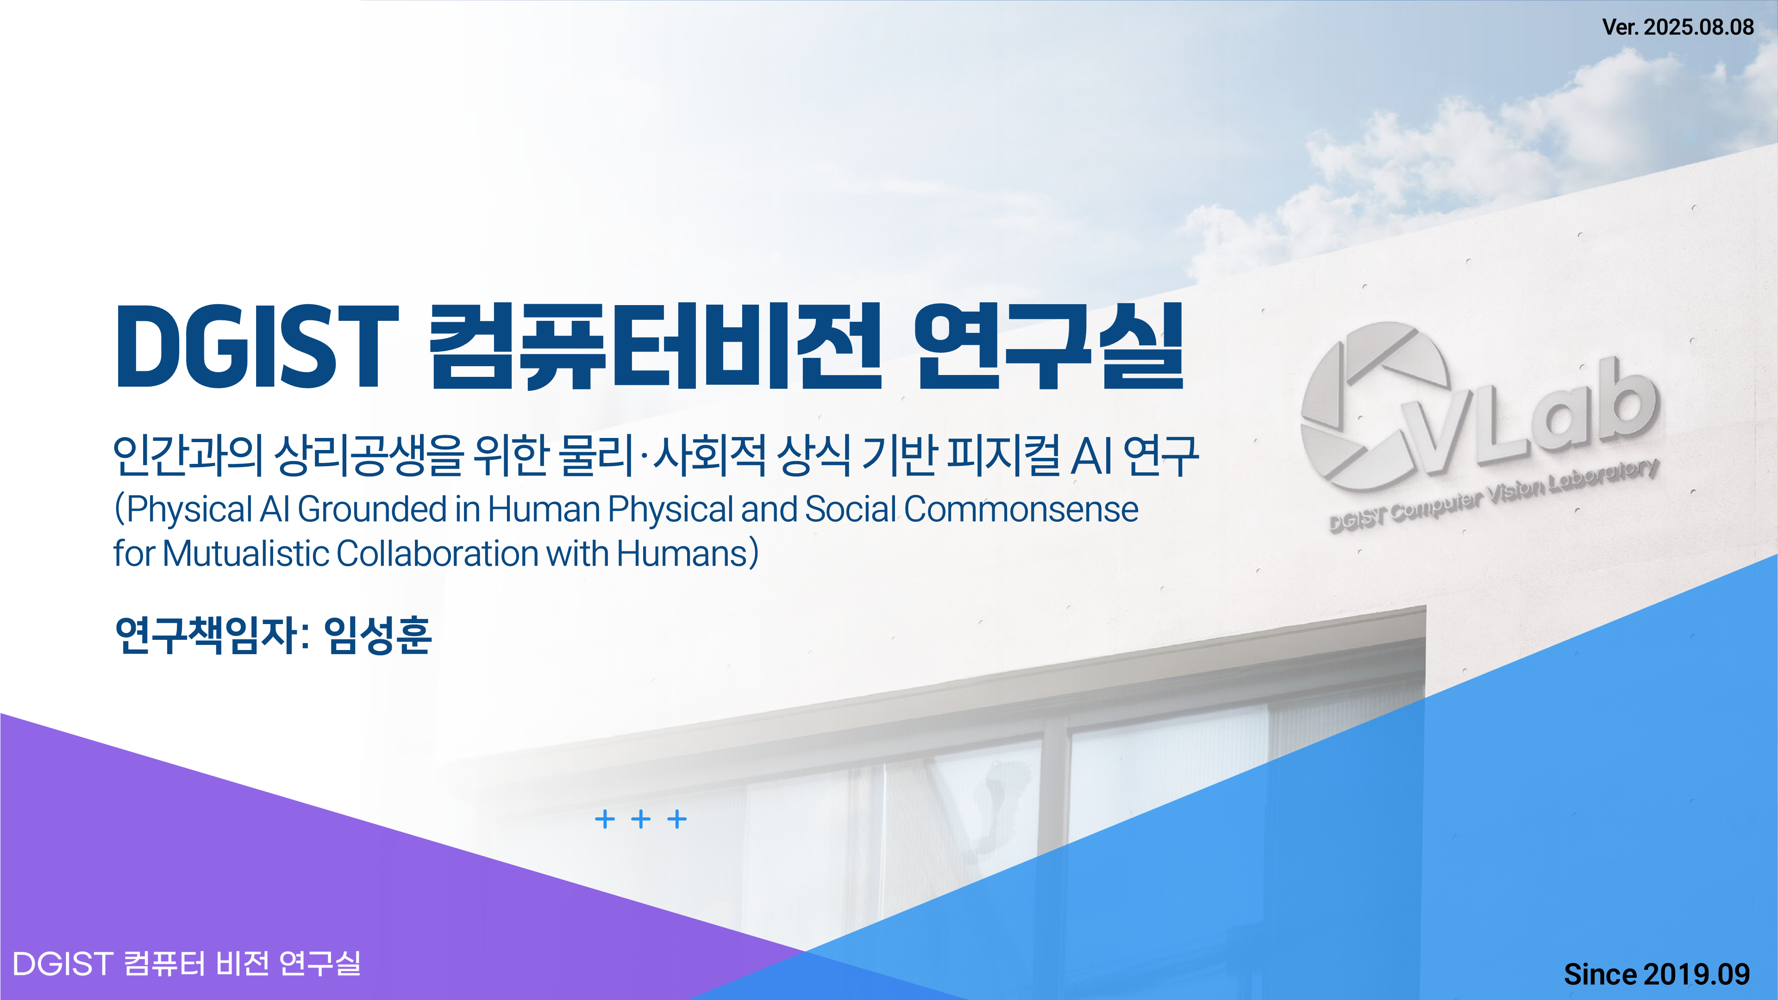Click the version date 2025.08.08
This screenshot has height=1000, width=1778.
click(1699, 27)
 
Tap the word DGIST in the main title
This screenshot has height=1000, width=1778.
click(257, 346)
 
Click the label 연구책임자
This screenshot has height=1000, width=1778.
click(207, 635)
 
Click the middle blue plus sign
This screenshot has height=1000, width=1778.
click(640, 819)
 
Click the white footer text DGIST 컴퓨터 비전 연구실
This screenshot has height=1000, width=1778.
click(186, 963)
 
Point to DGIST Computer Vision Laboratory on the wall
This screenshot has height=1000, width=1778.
click(1494, 495)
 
